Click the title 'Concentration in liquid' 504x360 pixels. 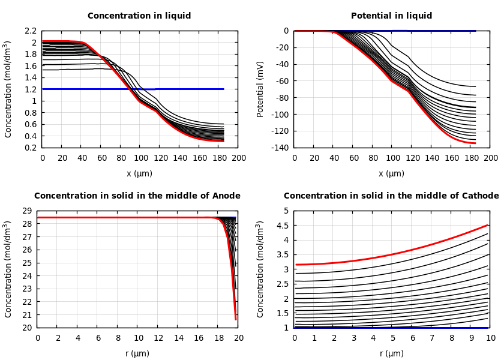pos(139,16)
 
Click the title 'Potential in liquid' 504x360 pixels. pos(391,16)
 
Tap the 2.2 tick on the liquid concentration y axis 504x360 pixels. pos(30,31)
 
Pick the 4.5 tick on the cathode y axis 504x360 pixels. pos(282,226)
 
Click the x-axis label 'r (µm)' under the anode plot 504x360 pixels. pos(137,353)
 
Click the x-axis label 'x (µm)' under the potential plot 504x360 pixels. pos(391,173)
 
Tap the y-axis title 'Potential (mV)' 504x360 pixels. pos(260,89)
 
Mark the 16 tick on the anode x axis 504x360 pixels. pos(199,338)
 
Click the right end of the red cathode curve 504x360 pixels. pos(488,225)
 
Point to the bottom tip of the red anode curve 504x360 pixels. pos(236,319)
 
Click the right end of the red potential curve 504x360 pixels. pos(475,143)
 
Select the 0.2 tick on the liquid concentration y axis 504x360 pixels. pos(30,148)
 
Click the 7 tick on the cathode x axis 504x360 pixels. pos(431,338)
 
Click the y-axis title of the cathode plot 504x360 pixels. pos(260,269)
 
